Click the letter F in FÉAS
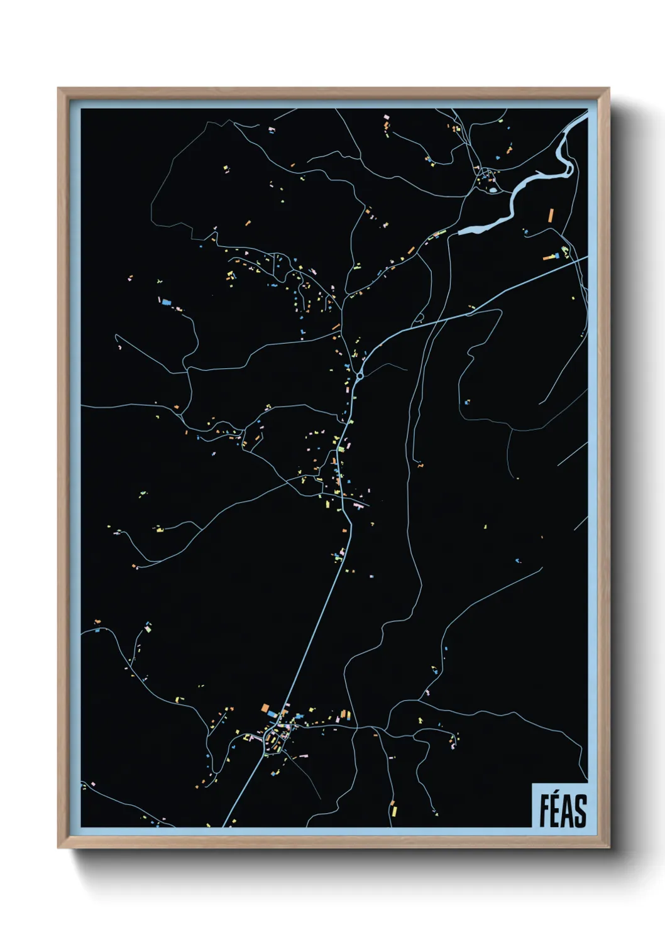point(544,811)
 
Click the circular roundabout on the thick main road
point(360,376)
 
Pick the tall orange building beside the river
point(551,215)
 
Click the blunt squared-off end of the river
point(460,232)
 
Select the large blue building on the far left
point(167,302)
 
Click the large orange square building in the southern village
point(266,708)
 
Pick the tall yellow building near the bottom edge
point(393,807)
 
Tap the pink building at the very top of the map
point(387,117)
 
